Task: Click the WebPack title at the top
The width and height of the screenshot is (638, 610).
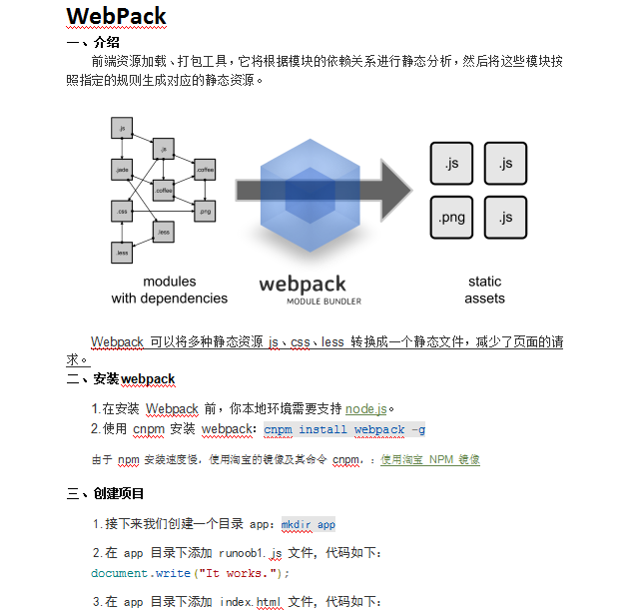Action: click(116, 17)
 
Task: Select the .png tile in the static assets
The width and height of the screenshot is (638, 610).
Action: click(451, 217)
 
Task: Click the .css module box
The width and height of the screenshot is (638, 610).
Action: click(122, 212)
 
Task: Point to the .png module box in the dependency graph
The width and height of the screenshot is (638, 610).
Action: click(205, 212)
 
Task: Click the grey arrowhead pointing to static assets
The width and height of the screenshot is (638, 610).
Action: click(393, 190)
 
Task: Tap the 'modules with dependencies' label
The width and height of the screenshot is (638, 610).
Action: click(169, 290)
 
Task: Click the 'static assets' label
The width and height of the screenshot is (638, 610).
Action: click(484, 290)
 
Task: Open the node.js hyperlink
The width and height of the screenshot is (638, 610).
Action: click(365, 408)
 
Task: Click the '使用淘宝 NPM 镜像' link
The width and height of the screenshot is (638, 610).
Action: click(430, 460)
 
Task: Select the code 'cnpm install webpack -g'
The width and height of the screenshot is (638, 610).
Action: click(338, 429)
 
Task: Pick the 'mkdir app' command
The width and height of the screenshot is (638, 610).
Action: click(308, 524)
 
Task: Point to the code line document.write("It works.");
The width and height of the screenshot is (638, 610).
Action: click(190, 573)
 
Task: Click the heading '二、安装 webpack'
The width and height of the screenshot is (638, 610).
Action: click(121, 379)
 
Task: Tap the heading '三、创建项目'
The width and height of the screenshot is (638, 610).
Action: click(106, 493)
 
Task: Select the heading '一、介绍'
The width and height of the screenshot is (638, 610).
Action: click(93, 42)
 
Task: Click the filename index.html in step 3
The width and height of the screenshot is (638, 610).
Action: click(251, 601)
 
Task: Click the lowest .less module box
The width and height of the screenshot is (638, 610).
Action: click(122, 254)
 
